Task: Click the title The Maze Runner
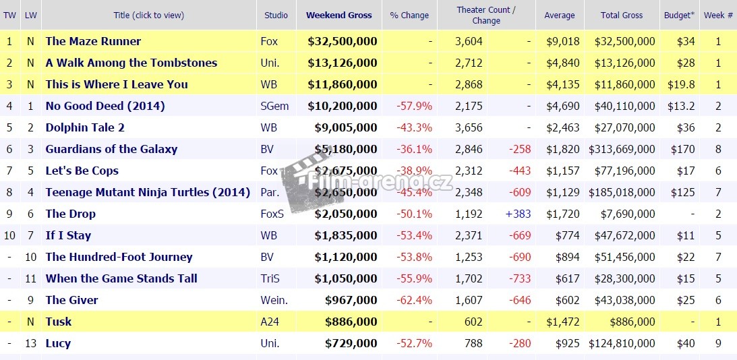pos(93,41)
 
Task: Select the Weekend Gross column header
pos(338,15)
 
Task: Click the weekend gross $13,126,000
pos(342,63)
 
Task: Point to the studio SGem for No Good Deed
pos(273,106)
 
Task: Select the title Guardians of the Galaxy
pos(111,149)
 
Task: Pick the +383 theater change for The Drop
pos(518,214)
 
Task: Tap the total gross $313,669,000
pos(622,149)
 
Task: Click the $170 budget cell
pos(682,149)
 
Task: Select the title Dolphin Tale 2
pos(85,127)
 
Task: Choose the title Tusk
pos(59,322)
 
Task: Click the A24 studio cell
pos(269,322)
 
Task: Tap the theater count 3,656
pos(469,127)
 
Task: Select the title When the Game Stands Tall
pos(121,278)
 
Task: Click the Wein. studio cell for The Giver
pos(274,300)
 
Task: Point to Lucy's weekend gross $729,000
pos(351,343)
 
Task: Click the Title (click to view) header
pos(148,15)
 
